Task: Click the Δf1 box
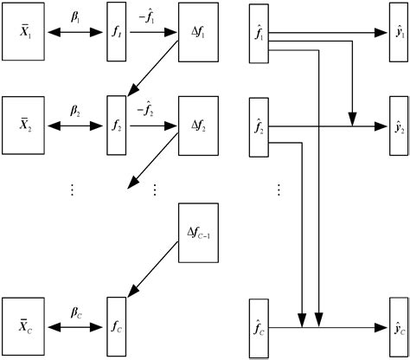[198, 34]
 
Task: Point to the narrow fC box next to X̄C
[117, 327]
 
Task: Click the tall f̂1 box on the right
[259, 34]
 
